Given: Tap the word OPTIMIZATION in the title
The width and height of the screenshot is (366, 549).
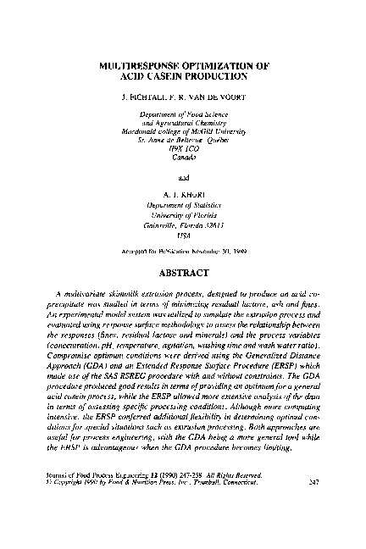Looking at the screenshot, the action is (222, 64).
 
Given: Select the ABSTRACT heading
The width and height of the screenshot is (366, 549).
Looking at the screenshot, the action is (183, 274).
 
